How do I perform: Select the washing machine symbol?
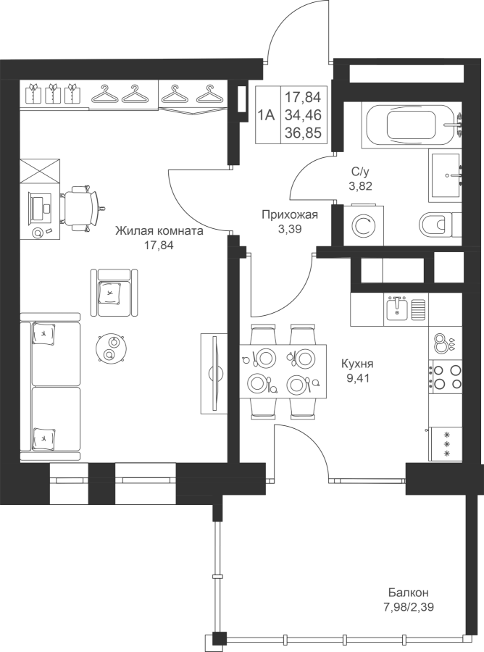[364, 225]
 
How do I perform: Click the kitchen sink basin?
[396, 309]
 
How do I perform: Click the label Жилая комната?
[159, 231]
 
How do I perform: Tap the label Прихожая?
[290, 215]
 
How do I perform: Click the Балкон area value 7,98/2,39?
[409, 608]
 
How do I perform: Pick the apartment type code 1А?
[267, 114]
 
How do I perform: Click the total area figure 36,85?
[303, 133]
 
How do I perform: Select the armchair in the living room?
[114, 293]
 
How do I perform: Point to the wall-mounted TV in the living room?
[215, 373]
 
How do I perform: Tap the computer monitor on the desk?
[37, 207]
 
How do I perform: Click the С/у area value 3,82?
[361, 186]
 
